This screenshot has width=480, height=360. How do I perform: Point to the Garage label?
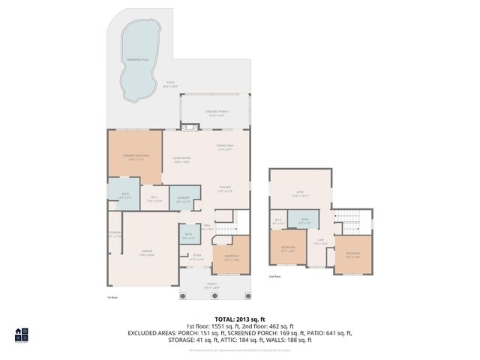(148, 253)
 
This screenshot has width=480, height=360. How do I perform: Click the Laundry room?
(183, 200)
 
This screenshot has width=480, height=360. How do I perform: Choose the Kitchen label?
(225, 189)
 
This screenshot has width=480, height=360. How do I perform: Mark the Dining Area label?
(225, 147)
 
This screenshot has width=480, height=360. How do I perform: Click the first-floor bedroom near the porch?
(232, 259)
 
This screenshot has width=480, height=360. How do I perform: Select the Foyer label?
(197, 258)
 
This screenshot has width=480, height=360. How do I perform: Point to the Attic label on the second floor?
(300, 193)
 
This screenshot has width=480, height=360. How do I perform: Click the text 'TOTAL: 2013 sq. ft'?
(239, 319)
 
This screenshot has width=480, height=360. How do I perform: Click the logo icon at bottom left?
(22, 334)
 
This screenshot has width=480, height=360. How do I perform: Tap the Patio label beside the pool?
(170, 85)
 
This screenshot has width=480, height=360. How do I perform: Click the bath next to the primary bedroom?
(124, 196)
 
